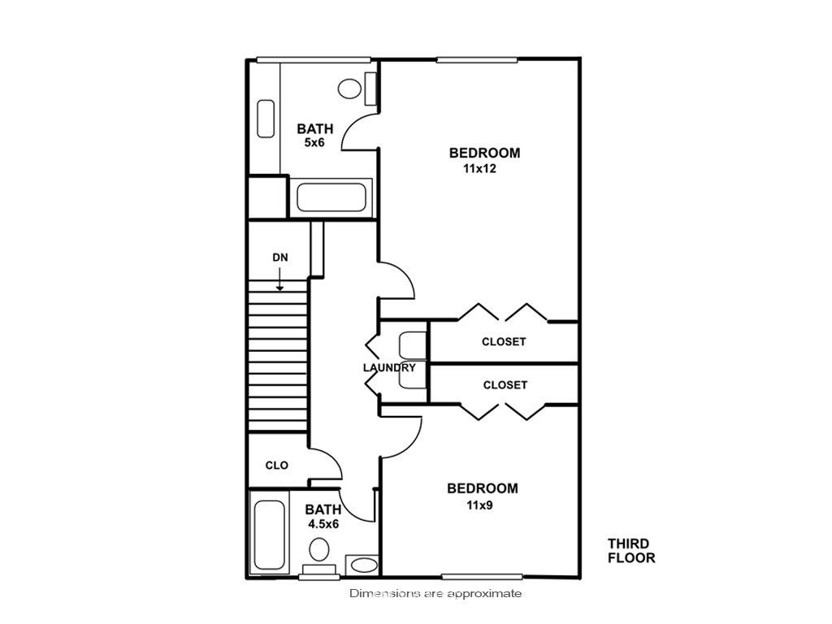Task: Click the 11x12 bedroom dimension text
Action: point(479,169)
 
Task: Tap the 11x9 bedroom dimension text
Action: point(479,505)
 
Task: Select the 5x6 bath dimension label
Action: point(314,142)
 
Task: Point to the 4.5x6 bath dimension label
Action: point(323,524)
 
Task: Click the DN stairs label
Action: point(280,258)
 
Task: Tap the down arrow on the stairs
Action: point(279,279)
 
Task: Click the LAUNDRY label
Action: point(389,367)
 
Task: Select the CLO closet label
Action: point(276,466)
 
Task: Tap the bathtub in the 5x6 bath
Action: point(331,197)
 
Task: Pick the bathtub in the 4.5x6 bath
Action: point(270,535)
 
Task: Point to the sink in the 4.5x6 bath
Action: point(364,565)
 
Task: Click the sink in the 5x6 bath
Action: point(266,119)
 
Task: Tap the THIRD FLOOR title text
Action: point(631,551)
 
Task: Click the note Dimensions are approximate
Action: point(435,593)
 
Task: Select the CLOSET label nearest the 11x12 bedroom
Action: point(504,342)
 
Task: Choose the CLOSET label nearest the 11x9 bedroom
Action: point(505,384)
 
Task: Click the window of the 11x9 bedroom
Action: point(482,576)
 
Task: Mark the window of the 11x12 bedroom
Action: point(476,59)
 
